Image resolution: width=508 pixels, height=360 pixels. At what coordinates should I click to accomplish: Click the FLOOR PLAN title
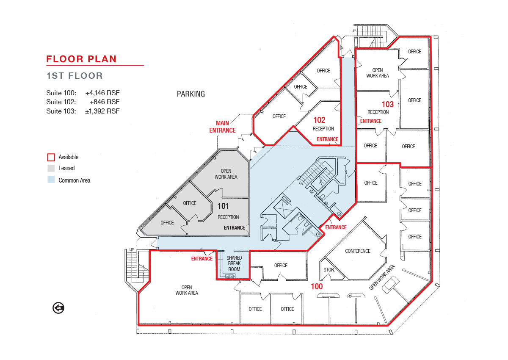[x=81, y=59]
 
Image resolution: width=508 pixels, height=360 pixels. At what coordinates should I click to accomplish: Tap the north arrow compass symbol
[x=58, y=308]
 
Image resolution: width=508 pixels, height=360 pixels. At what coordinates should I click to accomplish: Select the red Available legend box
[x=51, y=157]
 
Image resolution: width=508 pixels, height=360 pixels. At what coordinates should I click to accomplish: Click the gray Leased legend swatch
[x=51, y=168]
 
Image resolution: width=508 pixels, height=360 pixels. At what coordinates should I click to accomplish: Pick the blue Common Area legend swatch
[x=51, y=180]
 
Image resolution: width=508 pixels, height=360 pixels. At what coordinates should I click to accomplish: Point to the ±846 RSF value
[x=105, y=102]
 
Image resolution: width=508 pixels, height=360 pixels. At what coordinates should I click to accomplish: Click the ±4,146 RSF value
[x=102, y=93]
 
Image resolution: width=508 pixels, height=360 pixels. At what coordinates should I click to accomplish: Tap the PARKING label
[x=191, y=94]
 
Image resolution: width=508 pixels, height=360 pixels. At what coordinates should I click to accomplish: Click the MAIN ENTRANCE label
[x=222, y=127]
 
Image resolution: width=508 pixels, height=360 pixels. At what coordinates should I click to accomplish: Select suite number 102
[x=319, y=120]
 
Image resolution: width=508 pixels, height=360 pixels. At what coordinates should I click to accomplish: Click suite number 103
[x=388, y=104]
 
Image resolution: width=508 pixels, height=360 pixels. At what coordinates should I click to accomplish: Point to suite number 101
[x=223, y=206]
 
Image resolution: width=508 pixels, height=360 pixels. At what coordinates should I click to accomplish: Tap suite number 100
[x=317, y=286]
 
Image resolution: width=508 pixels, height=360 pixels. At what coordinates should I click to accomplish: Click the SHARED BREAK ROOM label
[x=234, y=263]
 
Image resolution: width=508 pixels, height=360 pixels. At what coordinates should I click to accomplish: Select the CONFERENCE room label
[x=358, y=251]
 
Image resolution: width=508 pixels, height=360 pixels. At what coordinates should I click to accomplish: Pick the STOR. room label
[x=329, y=270]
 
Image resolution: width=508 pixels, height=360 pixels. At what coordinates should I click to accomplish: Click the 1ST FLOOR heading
[x=75, y=76]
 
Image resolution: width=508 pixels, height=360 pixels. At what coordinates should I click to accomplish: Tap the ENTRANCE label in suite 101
[x=234, y=228]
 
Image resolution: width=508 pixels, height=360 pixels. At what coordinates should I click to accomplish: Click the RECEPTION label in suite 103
[x=378, y=112]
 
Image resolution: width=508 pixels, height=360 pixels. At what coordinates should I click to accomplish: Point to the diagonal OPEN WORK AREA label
[x=382, y=277]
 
